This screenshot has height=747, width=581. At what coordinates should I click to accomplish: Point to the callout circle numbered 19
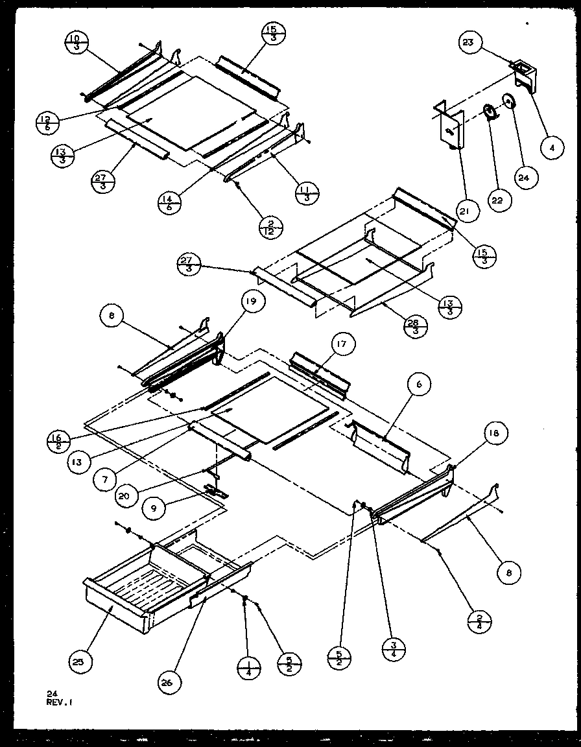coord(252,301)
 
